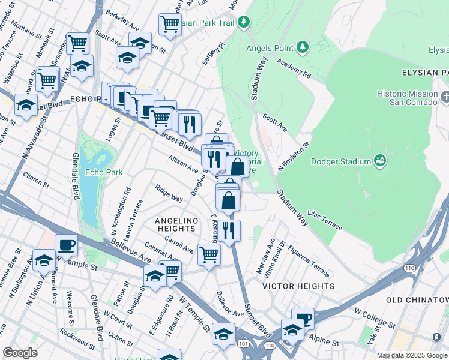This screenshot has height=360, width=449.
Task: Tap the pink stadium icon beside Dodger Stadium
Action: tap(379, 160)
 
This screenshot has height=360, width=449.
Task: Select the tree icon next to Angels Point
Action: tap(302, 47)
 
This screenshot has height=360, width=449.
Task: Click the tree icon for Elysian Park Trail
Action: tap(243, 22)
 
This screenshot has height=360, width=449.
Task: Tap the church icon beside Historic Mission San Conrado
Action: tap(445, 97)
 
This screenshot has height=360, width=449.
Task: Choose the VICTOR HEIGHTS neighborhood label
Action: tap(298, 286)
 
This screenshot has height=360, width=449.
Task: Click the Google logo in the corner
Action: tap(19, 353)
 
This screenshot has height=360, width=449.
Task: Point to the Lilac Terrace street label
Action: tap(324, 220)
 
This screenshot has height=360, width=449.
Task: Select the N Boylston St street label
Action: tap(294, 157)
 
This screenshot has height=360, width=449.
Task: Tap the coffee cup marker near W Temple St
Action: tap(66, 245)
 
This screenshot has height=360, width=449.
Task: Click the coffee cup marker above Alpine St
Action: tap(303, 319)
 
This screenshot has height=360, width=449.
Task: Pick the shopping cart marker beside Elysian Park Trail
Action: tap(170, 25)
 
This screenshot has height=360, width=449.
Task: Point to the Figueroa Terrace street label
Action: tap(309, 258)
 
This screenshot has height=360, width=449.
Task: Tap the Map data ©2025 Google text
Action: tap(412, 355)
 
